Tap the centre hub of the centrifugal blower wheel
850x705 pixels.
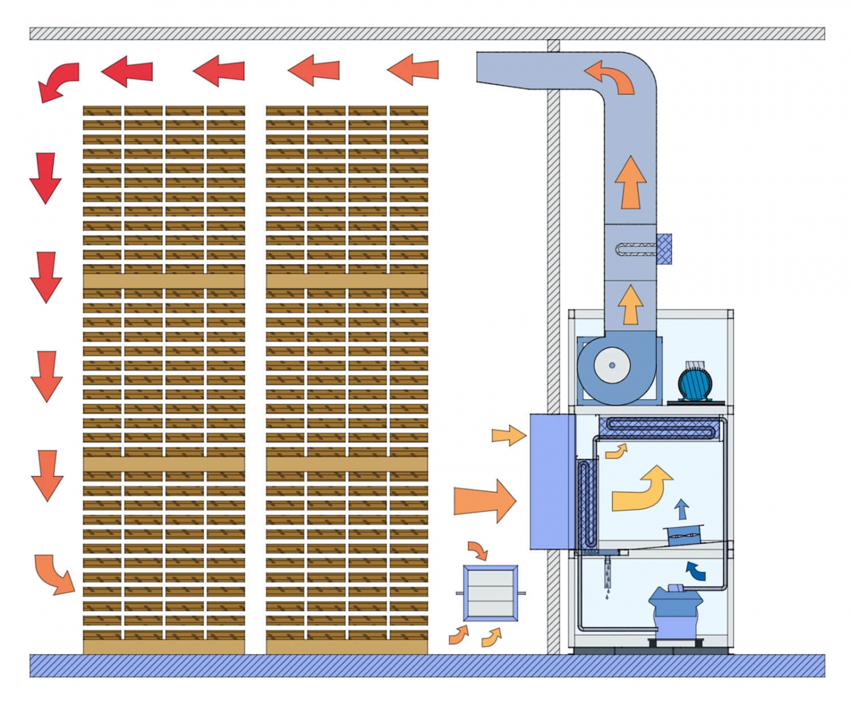[x=612, y=365]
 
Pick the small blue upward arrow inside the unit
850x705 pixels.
[x=682, y=509]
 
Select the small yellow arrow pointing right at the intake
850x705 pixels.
[x=508, y=435]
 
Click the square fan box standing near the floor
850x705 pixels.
[x=491, y=593]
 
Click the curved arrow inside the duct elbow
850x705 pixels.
[x=610, y=77]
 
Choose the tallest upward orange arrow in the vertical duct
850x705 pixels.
[x=630, y=183]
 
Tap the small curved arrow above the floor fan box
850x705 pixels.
[x=478, y=550]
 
